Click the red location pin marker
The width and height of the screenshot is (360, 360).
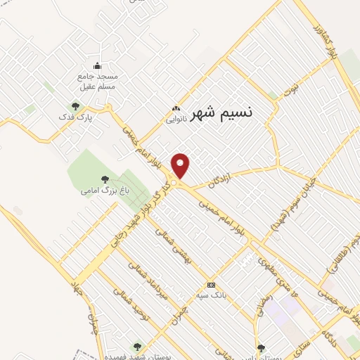click(181, 166)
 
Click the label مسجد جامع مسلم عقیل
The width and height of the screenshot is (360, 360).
click(98, 81)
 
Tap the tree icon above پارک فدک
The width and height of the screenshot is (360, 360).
click(75, 105)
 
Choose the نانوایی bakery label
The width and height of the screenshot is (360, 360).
click(176, 120)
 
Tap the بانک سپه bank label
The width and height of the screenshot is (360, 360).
click(212, 295)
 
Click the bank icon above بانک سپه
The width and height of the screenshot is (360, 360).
click(212, 285)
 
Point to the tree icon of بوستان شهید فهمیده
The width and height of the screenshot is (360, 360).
click(136, 347)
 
